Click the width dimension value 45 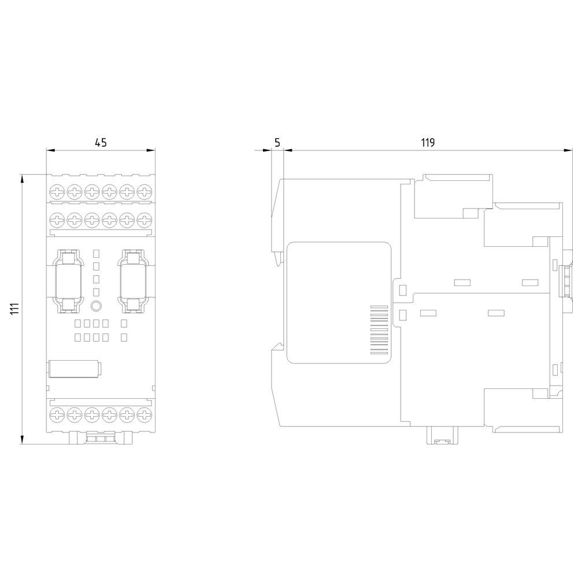(x=101, y=143)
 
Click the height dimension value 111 (x=16, y=309)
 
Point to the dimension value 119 (x=427, y=143)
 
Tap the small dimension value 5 (x=277, y=143)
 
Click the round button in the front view (x=97, y=306)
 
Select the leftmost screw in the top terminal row (x=58, y=191)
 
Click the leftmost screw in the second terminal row (x=58, y=219)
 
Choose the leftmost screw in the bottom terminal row (x=58, y=414)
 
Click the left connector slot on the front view (x=68, y=280)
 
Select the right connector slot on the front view (x=133, y=280)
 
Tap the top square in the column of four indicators (x=97, y=253)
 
